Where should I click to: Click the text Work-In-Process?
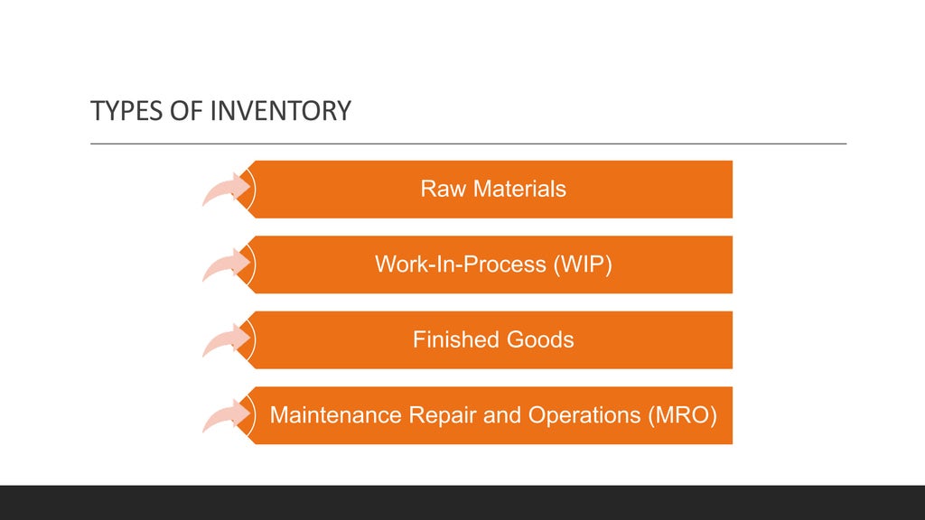(x=460, y=265)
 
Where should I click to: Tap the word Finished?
(x=454, y=339)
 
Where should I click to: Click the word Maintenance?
(x=336, y=415)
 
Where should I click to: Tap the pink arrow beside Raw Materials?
(x=226, y=189)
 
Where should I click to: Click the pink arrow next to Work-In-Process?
(x=226, y=265)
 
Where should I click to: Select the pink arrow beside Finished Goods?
(x=226, y=339)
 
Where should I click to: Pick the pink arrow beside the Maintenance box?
(x=226, y=415)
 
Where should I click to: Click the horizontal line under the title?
(x=468, y=144)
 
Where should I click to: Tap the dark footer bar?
(x=462, y=502)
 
